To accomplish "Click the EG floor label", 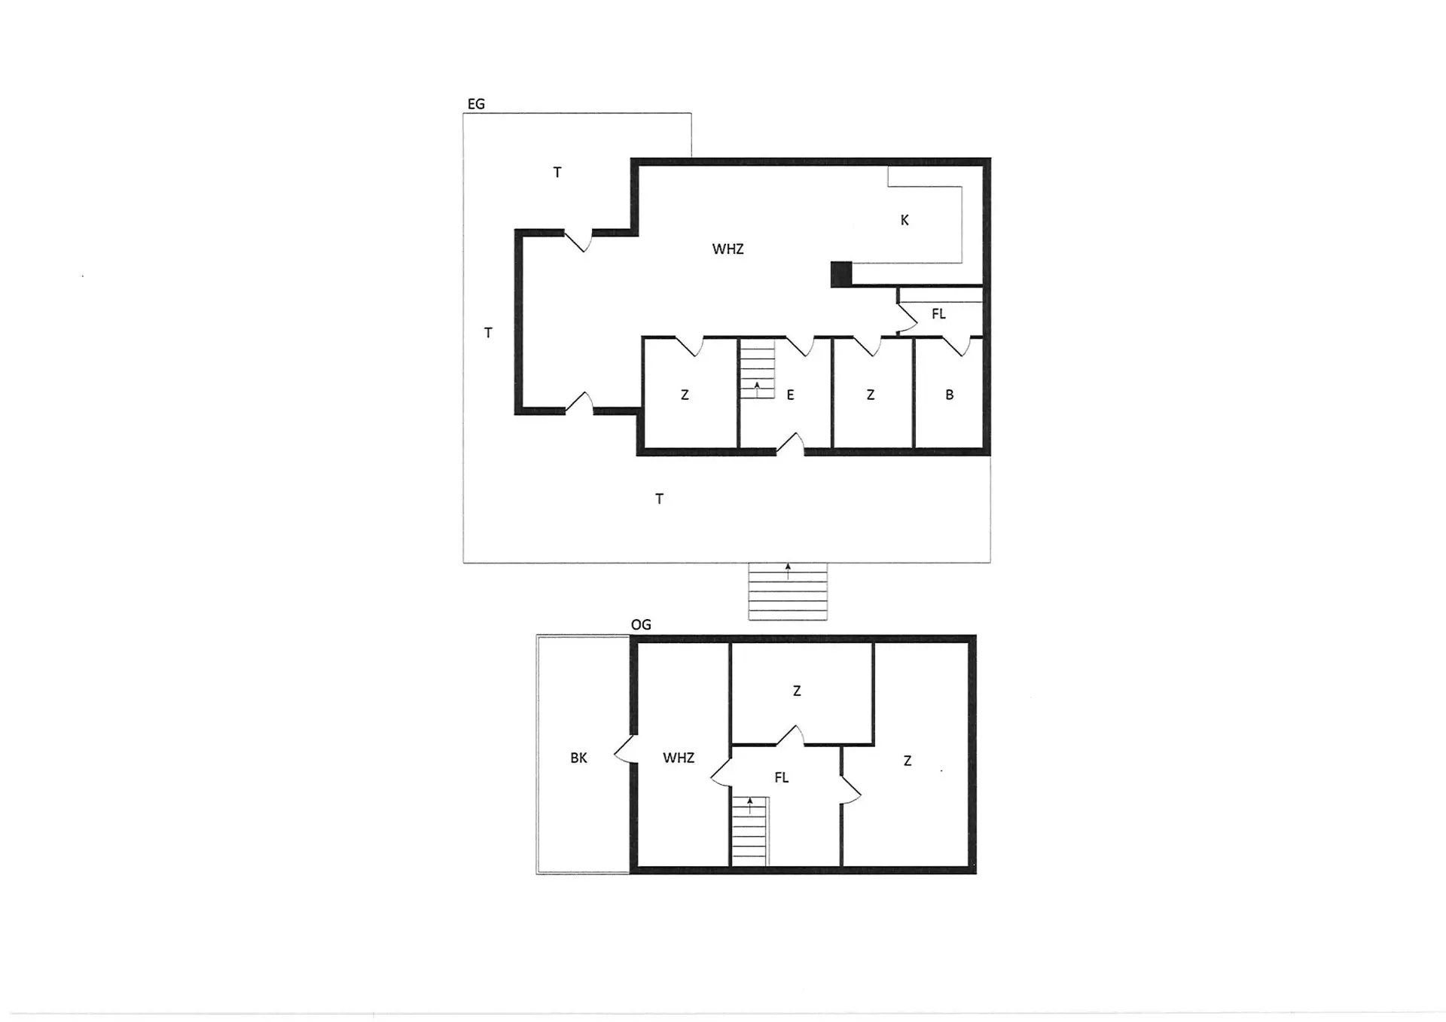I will click(x=476, y=104).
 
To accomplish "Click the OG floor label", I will click(x=641, y=624).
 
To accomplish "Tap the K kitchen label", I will click(x=905, y=220).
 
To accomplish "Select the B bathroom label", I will click(x=950, y=395).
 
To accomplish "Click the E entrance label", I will click(x=790, y=395).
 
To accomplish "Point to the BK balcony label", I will click(x=578, y=758).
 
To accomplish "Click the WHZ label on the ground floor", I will click(x=728, y=249).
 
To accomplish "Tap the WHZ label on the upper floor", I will click(x=679, y=758).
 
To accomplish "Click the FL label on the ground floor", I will click(x=938, y=314).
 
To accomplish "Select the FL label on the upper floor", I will click(x=782, y=777).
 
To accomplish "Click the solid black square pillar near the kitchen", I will click(x=841, y=274).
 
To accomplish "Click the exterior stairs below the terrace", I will click(x=788, y=592).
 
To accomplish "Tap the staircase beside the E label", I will click(x=757, y=369).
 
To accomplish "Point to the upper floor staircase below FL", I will click(x=749, y=831).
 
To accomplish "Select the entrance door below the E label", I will click(x=790, y=445).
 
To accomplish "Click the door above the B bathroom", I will click(x=956, y=346).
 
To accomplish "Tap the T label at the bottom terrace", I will click(x=659, y=499).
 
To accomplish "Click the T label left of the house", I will click(x=488, y=332).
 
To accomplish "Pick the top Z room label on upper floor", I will click(x=797, y=691).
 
